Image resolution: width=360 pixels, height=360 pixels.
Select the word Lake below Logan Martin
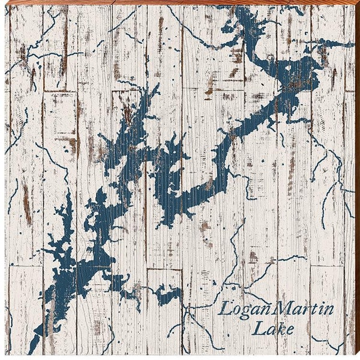tap(273, 329)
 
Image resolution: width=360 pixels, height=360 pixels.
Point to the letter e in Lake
tap(289, 331)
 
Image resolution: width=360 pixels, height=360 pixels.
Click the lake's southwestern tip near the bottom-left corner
tap(34, 349)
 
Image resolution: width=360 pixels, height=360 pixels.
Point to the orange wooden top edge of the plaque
tap(180, 2)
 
